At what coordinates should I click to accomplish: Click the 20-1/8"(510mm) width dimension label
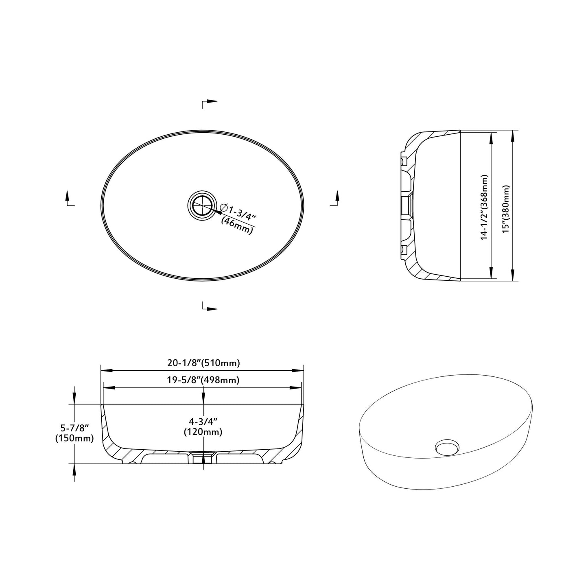203,363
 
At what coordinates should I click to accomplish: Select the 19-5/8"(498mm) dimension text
203,380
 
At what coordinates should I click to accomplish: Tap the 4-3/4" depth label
203,422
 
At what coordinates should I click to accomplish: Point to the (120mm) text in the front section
203,432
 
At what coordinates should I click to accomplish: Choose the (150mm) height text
74,439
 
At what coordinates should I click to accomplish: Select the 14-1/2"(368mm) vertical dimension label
484,208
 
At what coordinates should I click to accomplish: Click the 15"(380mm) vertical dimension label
506,209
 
